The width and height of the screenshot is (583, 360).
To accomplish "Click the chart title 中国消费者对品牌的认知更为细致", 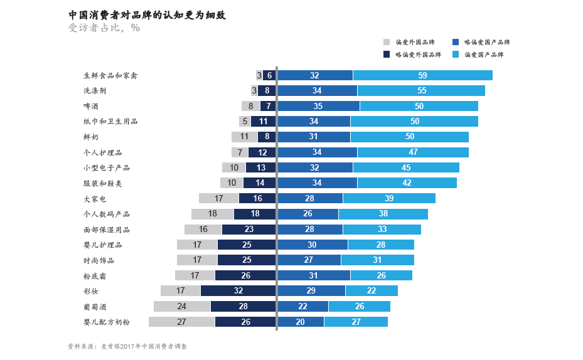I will (147, 14).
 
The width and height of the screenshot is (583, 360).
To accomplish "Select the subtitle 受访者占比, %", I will (104, 28).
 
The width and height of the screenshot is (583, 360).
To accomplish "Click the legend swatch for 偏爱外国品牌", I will (387, 42).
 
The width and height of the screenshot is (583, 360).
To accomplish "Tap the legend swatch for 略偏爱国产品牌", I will (455, 42).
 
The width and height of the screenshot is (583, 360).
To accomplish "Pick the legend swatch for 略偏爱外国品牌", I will (387, 55).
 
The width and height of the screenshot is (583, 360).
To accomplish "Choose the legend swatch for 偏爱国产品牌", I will (455, 55).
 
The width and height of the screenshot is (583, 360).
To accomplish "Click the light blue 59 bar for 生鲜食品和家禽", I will (422, 75).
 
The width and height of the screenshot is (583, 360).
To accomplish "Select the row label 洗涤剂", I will (95, 91).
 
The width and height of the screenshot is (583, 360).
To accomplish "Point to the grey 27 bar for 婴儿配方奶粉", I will (181, 322).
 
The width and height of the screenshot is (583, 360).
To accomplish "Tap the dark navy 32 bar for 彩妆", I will (238, 291).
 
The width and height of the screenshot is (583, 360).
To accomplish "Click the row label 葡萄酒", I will (95, 307).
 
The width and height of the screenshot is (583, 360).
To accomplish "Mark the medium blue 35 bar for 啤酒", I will (318, 106).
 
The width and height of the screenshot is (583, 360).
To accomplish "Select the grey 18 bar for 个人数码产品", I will (212, 214).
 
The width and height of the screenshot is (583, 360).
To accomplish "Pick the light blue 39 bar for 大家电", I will (389, 198).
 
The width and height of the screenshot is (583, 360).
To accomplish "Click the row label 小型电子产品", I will (107, 167).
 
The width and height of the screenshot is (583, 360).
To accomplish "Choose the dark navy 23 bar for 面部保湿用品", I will (249, 230).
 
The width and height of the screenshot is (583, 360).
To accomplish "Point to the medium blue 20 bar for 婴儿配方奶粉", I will (300, 322).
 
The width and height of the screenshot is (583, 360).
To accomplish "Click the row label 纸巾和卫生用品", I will (110, 122).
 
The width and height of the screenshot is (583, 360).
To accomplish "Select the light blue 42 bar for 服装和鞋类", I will (407, 183).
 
